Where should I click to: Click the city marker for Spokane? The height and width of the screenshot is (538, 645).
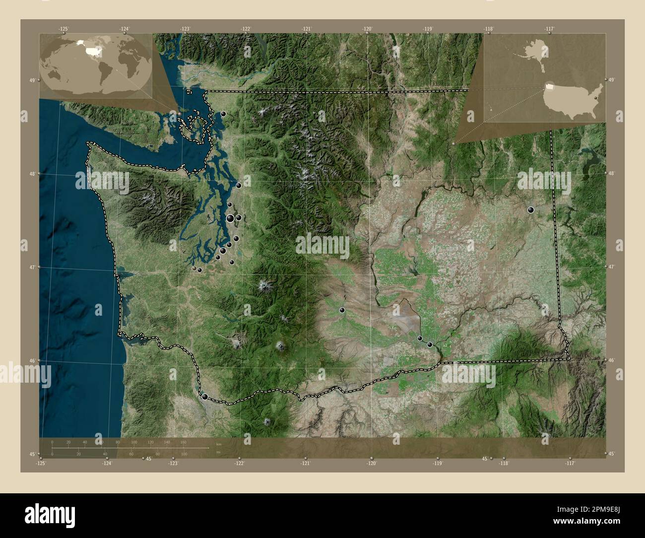coord(531,210)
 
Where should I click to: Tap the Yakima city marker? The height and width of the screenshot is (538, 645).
coord(342,310)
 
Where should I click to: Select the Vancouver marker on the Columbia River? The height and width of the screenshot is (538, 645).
coord(204,397)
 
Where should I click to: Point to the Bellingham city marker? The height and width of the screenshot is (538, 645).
coord(223,114)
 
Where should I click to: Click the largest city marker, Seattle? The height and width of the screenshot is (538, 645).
coord(230,218)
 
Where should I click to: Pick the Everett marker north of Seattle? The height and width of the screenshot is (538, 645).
coord(239,186)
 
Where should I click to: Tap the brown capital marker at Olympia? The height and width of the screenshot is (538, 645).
coord(194,268)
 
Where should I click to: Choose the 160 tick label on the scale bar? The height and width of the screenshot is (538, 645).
coord(183,442)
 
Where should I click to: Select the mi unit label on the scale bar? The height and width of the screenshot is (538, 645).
coord(219,453)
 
